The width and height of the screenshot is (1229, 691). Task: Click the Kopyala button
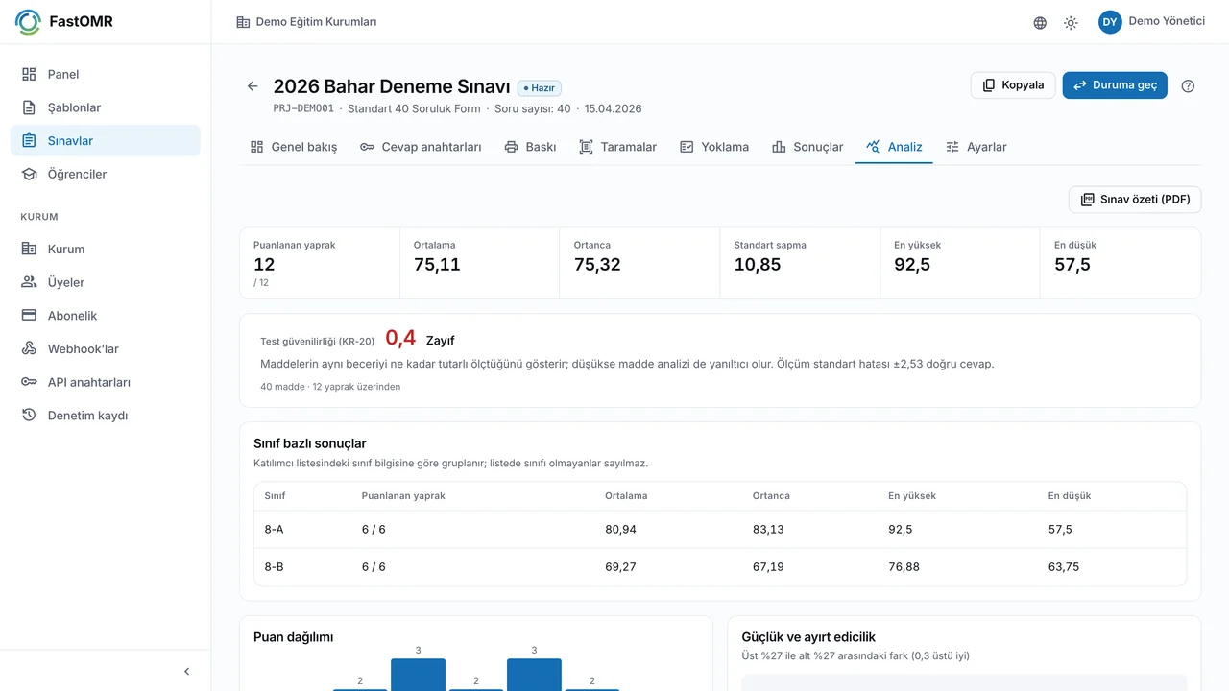[x=1013, y=85]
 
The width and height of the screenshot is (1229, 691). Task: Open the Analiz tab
[x=894, y=147]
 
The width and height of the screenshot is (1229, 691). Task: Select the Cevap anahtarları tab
[x=421, y=147]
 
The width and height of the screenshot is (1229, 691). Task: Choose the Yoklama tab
[x=713, y=147]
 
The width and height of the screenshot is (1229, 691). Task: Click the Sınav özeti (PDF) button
[x=1135, y=199]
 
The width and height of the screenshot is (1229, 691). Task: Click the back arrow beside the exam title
[x=253, y=86]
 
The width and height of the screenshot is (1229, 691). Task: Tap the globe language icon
[x=1040, y=22]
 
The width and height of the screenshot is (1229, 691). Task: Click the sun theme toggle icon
[x=1071, y=22]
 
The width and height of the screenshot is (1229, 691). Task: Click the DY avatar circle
[x=1109, y=22]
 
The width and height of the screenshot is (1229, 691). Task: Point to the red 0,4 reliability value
[x=400, y=338]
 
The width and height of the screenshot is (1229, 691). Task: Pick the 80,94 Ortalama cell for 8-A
[x=620, y=529]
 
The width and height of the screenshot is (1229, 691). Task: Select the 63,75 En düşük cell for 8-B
[x=1063, y=566]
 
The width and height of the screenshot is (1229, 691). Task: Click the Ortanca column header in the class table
[x=771, y=496]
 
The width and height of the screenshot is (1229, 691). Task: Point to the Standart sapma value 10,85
[x=758, y=264]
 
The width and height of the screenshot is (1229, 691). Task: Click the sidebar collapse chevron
[x=186, y=671]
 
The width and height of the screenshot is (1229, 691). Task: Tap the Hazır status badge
[x=540, y=87]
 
